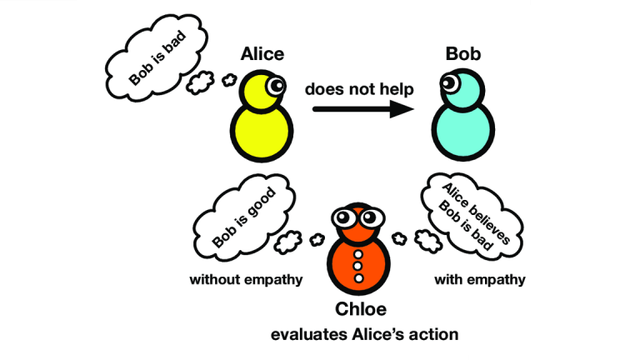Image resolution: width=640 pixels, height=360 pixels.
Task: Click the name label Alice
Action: click(x=262, y=54)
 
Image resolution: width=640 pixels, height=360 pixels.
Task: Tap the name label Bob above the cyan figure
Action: click(x=462, y=54)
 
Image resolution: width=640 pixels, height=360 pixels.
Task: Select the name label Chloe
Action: click(x=360, y=309)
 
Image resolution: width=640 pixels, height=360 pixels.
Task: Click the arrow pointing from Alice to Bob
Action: click(x=363, y=109)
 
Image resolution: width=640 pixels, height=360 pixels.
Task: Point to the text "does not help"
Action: click(x=359, y=89)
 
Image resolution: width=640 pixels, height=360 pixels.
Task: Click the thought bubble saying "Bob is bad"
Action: click(x=157, y=57)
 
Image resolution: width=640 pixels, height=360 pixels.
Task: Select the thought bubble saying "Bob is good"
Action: click(x=244, y=217)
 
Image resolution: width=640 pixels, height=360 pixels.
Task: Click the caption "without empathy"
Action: click(x=246, y=280)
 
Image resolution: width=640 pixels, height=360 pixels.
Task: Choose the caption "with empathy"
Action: click(x=480, y=280)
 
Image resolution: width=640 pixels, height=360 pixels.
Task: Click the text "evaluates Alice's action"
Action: click(x=364, y=334)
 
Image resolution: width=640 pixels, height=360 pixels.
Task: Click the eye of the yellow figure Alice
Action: click(x=276, y=86)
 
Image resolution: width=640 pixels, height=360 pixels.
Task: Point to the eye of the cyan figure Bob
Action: click(x=449, y=82)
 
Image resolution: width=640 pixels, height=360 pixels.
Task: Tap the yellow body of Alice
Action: click(x=262, y=132)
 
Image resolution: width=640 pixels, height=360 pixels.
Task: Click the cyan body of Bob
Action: click(x=462, y=130)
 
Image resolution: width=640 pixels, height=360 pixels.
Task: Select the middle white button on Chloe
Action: click(x=358, y=266)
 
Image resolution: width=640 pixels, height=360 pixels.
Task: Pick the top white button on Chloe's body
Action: click(x=358, y=255)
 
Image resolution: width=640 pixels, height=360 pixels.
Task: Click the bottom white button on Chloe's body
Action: click(x=358, y=278)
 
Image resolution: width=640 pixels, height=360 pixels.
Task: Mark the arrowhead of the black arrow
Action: click(x=402, y=109)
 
